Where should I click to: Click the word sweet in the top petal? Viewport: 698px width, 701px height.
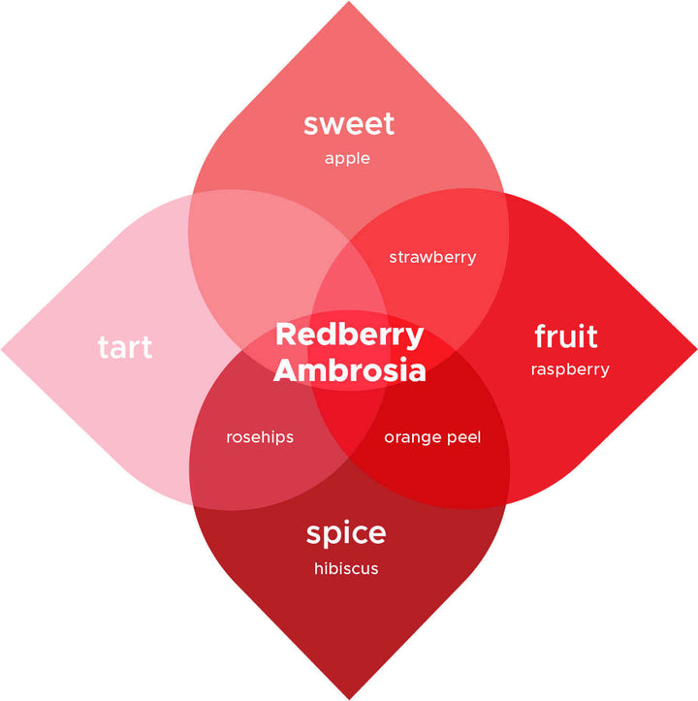tap(348, 124)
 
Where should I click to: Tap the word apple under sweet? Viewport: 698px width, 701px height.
tap(348, 158)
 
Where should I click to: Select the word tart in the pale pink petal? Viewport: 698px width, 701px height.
tap(125, 346)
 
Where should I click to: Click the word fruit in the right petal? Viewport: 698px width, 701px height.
tap(566, 336)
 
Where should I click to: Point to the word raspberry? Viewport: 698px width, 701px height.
tap(570, 369)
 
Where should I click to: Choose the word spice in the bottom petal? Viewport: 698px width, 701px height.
tap(346, 533)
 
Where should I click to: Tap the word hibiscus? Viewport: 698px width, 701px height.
tap(346, 568)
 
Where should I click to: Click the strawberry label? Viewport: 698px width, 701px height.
tap(432, 257)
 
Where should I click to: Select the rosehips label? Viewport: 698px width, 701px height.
tap(260, 437)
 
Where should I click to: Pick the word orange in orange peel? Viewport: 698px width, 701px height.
tap(413, 437)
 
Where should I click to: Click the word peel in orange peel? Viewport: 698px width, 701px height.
tap(463, 437)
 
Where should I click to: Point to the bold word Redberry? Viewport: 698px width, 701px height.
tap(349, 335)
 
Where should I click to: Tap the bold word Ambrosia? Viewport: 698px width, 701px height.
tap(349, 370)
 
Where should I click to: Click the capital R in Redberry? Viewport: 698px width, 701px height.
tap(284, 335)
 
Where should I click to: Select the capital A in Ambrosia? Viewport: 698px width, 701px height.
tap(285, 370)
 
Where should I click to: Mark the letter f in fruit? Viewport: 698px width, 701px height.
tap(541, 335)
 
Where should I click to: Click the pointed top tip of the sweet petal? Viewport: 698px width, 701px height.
tap(348, 3)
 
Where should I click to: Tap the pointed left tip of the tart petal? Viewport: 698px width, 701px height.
tap(3, 348)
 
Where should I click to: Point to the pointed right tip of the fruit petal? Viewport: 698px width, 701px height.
tap(695, 348)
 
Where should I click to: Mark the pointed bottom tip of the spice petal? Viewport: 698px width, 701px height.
tap(348, 697)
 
